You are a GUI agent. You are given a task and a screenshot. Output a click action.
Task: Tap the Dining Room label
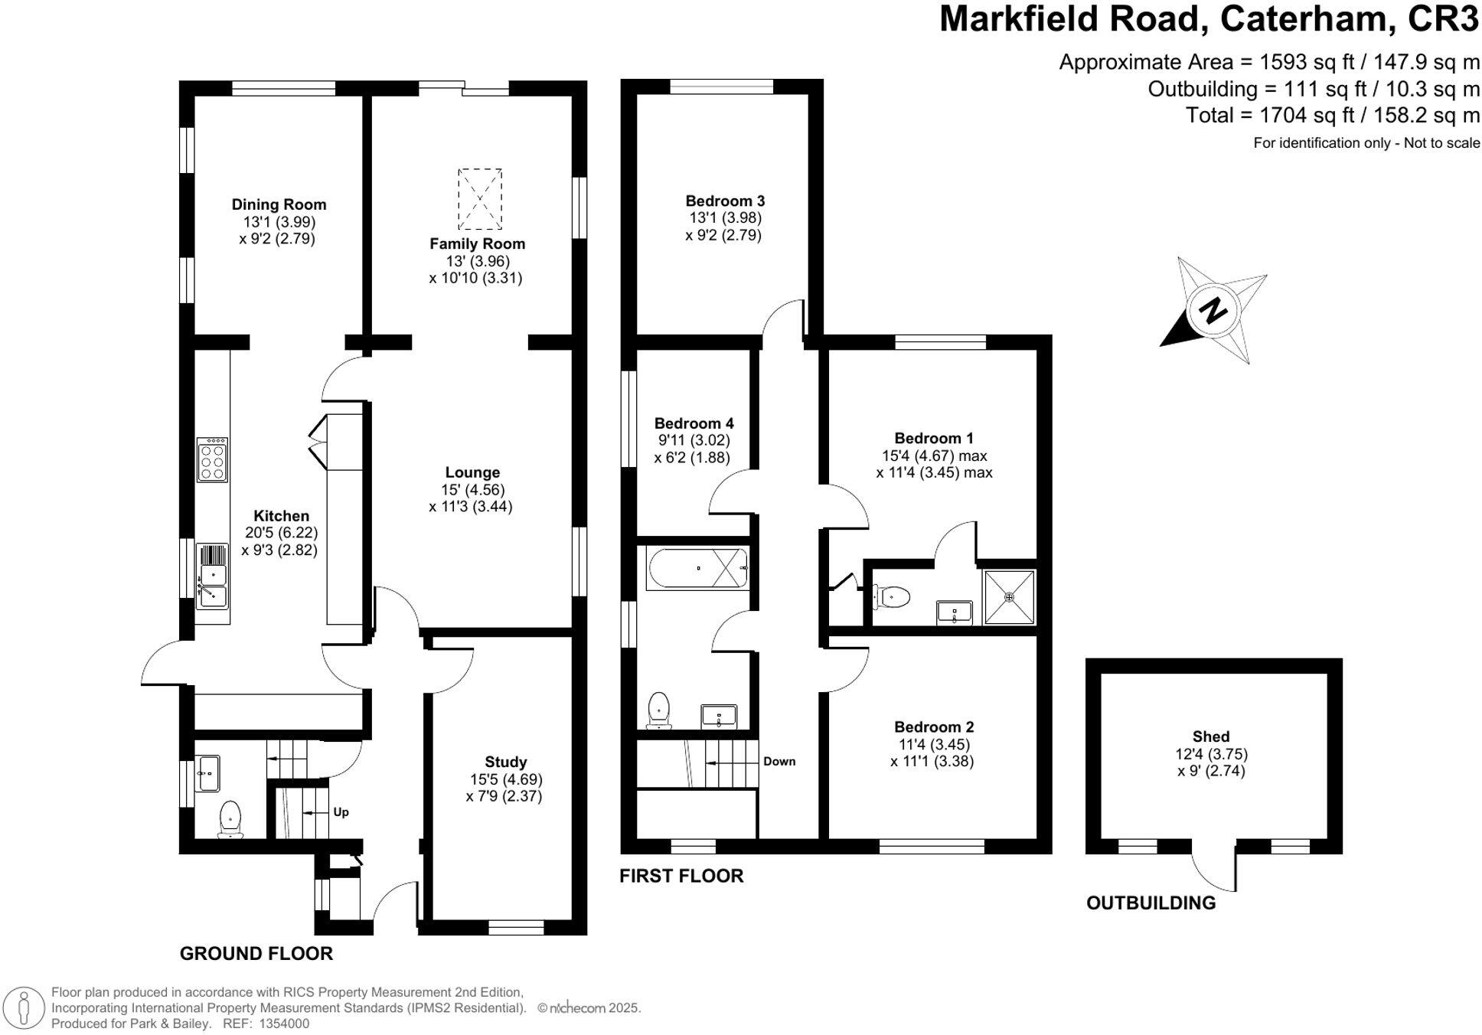279,204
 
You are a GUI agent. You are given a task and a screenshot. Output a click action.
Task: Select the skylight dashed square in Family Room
480,199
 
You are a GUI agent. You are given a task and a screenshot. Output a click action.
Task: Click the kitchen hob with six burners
212,459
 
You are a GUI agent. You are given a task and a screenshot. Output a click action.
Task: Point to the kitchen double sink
212,576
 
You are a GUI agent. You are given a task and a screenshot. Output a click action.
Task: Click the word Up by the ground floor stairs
341,811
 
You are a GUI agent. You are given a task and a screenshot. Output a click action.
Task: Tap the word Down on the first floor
779,761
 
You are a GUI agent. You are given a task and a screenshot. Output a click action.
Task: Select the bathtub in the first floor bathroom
697,568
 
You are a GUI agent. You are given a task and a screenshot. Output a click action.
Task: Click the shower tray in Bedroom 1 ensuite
1009,597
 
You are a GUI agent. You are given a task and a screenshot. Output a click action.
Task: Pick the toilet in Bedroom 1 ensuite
892,596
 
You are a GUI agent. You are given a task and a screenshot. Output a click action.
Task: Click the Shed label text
1210,736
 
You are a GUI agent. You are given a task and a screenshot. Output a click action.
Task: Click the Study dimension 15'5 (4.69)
505,779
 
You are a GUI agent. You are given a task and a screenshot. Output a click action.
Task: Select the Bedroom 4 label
694,423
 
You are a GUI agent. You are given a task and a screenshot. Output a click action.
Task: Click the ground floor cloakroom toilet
230,818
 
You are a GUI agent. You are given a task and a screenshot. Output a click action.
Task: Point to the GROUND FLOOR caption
256,953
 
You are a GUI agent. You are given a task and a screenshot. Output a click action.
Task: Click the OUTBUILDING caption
1151,903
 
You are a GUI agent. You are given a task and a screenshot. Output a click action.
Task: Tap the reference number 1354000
284,1024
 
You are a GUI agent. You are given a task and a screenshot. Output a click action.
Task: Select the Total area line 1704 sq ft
1332,116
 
